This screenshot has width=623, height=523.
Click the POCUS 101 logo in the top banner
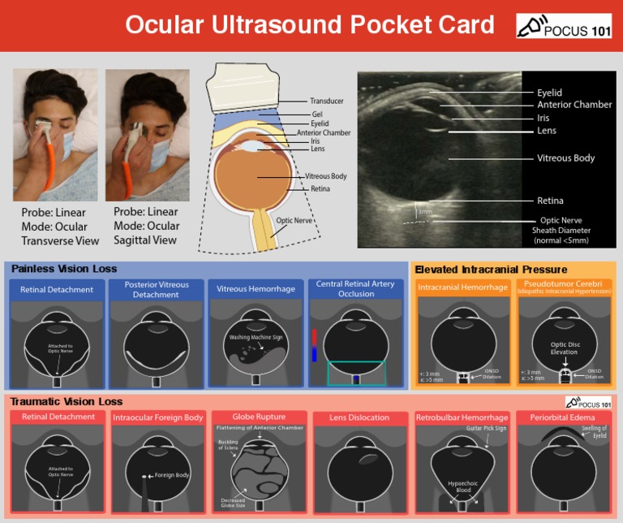point(564,26)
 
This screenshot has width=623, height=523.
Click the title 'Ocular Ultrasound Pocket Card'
point(309,25)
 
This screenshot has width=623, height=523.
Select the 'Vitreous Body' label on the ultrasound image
point(565,158)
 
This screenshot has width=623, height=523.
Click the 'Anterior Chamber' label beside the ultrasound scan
point(574,105)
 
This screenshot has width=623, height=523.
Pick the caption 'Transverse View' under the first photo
point(60,240)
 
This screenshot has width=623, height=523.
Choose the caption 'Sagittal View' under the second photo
point(146,240)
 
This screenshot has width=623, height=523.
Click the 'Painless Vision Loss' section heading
point(64,269)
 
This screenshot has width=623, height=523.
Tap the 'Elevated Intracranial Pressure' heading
point(491,270)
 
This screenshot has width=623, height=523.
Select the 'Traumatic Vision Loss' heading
point(67,401)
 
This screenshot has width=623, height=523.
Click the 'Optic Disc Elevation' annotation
point(564,348)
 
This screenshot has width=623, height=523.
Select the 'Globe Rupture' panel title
point(259,417)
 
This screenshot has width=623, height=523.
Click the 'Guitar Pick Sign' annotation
point(486,428)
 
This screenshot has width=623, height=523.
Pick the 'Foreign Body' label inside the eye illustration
point(171,475)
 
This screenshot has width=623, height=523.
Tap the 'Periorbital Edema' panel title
point(565,417)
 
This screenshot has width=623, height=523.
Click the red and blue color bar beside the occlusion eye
point(314,344)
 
